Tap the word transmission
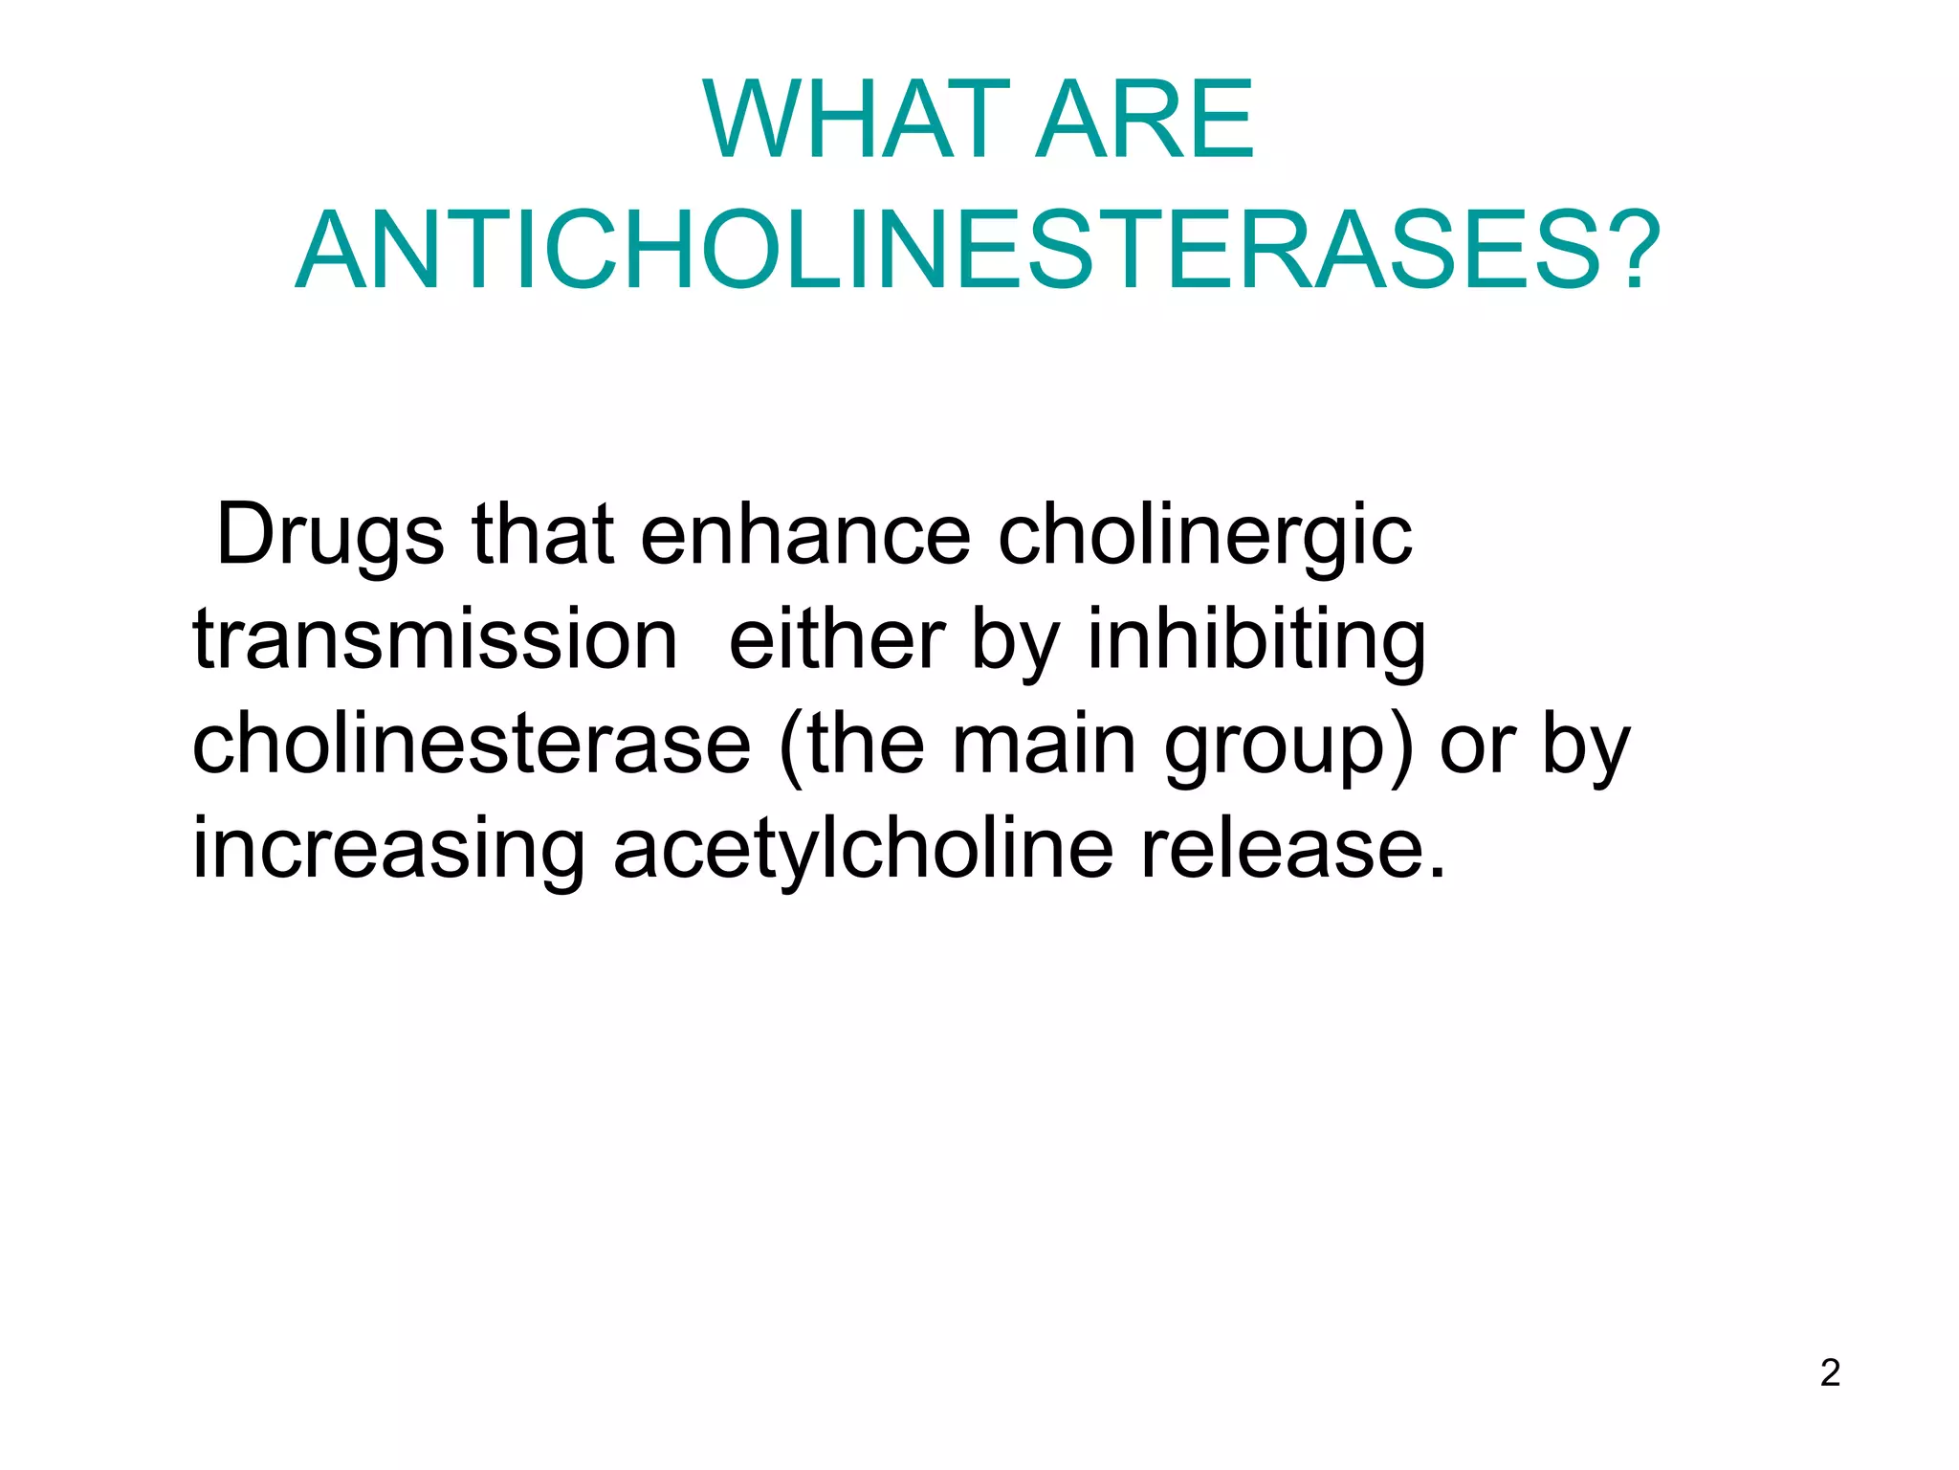click(x=435, y=639)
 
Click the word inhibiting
click(x=1256, y=639)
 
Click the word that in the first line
click(x=542, y=534)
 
